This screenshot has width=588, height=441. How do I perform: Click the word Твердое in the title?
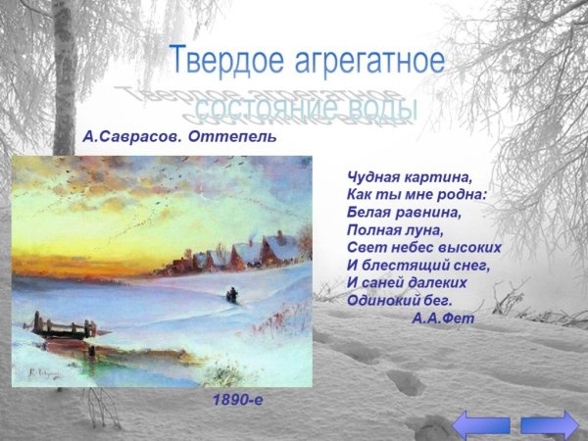tap(224, 61)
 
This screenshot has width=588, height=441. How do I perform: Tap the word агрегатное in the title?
tap(366, 61)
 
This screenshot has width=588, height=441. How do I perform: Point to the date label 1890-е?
tap(238, 401)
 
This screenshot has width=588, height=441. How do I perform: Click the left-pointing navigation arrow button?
tap(481, 424)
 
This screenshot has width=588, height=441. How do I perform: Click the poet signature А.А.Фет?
tap(443, 318)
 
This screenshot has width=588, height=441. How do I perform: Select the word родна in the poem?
tap(464, 195)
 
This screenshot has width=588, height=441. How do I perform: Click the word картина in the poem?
tap(434, 177)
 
